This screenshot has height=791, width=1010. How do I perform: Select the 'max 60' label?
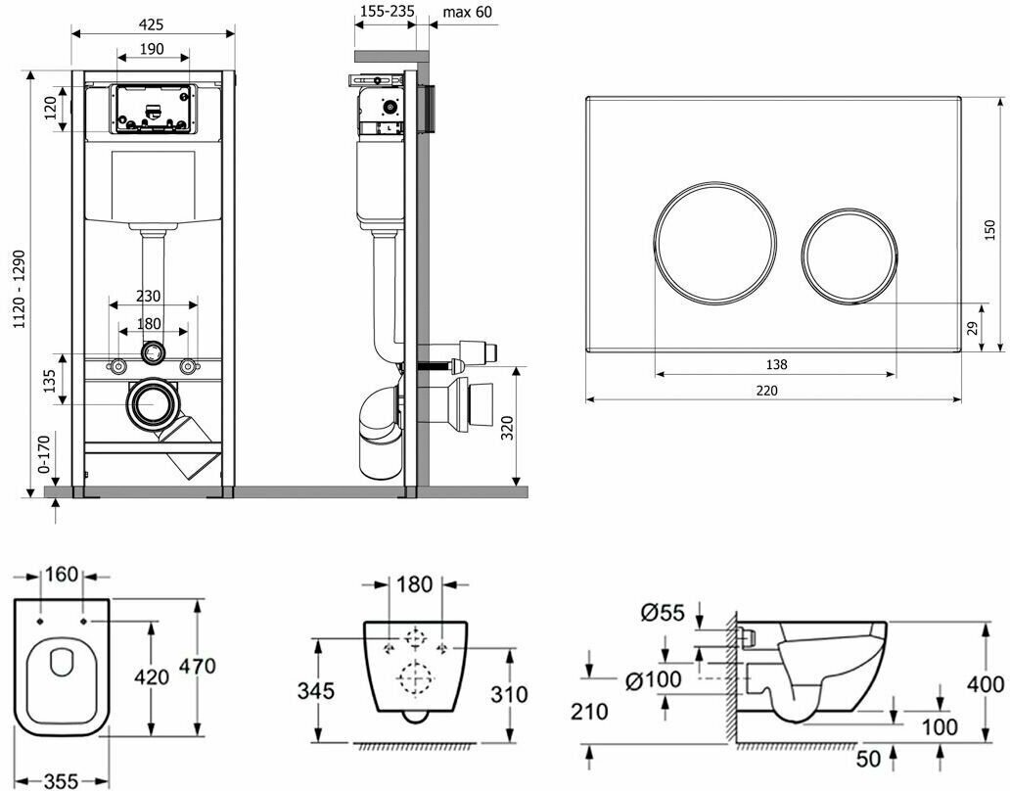[x=467, y=12]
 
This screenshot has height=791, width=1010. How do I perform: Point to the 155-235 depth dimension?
[x=386, y=12]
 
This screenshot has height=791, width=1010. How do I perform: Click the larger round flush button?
[x=714, y=240]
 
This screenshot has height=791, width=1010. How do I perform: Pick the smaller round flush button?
[x=849, y=256]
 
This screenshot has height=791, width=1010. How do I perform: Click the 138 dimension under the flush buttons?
[x=775, y=364]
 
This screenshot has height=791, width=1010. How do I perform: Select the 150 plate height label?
[x=991, y=229]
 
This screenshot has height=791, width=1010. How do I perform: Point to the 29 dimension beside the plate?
[x=973, y=328]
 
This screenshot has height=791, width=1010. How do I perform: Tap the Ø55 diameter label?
[x=662, y=614]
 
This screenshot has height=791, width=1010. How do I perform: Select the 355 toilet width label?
[x=60, y=780]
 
